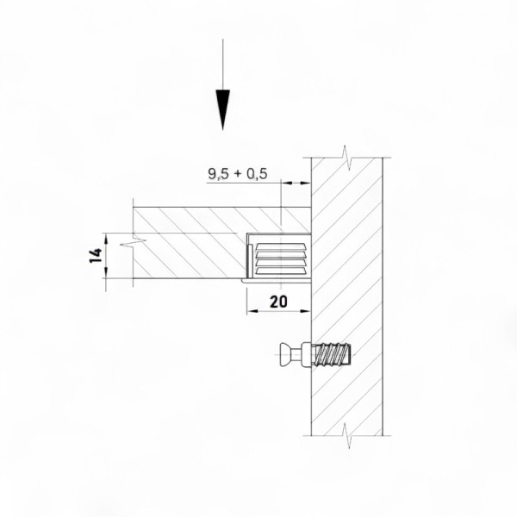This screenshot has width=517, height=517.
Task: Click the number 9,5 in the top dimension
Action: pos(218,173)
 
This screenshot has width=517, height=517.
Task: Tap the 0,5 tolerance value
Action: pos(257,173)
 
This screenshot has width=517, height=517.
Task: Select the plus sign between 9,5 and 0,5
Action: pos(238,174)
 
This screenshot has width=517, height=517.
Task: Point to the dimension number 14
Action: pos(96,256)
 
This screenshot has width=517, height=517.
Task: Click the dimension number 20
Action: pos(278,302)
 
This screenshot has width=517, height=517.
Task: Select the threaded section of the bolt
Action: pos(333,354)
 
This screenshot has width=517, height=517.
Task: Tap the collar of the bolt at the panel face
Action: pos(308,354)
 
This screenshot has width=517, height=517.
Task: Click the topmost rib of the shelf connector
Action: pos(281,247)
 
